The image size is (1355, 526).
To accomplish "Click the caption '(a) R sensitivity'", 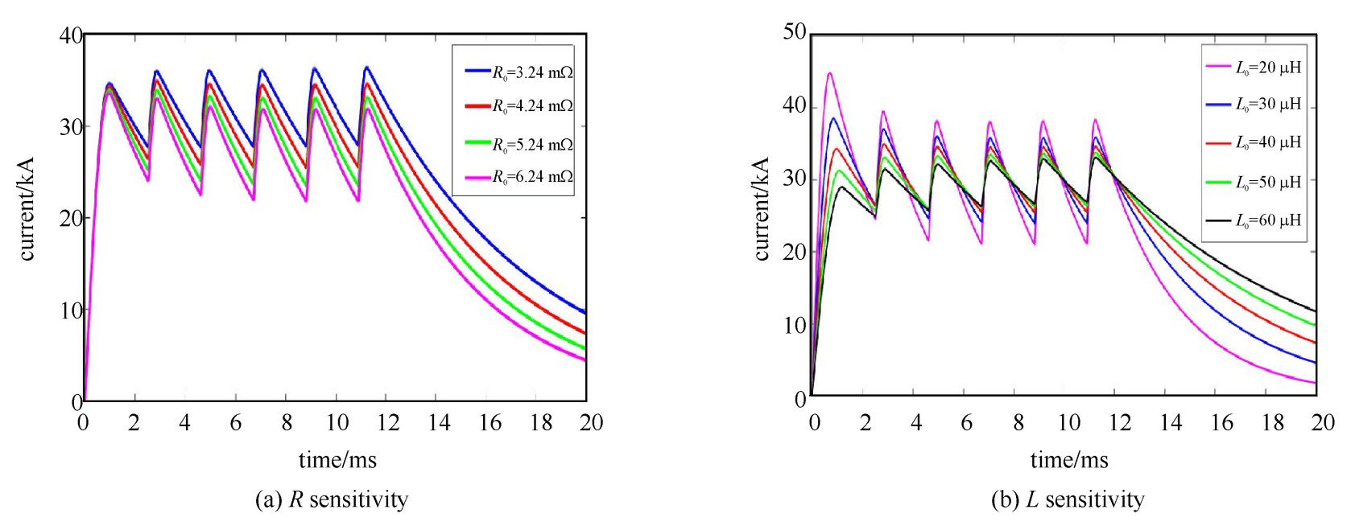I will coord(332,499).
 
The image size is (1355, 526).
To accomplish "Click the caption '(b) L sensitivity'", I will coord(1067,499).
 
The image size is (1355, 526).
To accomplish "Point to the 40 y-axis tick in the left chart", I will coord(71,35).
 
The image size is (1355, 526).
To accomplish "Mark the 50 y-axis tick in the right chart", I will coord(795,32).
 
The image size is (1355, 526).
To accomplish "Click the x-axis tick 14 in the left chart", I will coord(440,423).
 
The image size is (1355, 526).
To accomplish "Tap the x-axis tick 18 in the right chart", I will coord(1273,423).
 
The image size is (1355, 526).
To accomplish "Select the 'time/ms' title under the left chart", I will coord(337,460).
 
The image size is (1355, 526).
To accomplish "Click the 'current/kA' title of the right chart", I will coord(761,209).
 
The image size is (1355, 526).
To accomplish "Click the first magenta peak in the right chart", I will coord(829,73).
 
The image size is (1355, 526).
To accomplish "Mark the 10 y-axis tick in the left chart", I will coord(71,310).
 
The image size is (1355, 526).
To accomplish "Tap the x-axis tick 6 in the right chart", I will coord(967,423).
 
